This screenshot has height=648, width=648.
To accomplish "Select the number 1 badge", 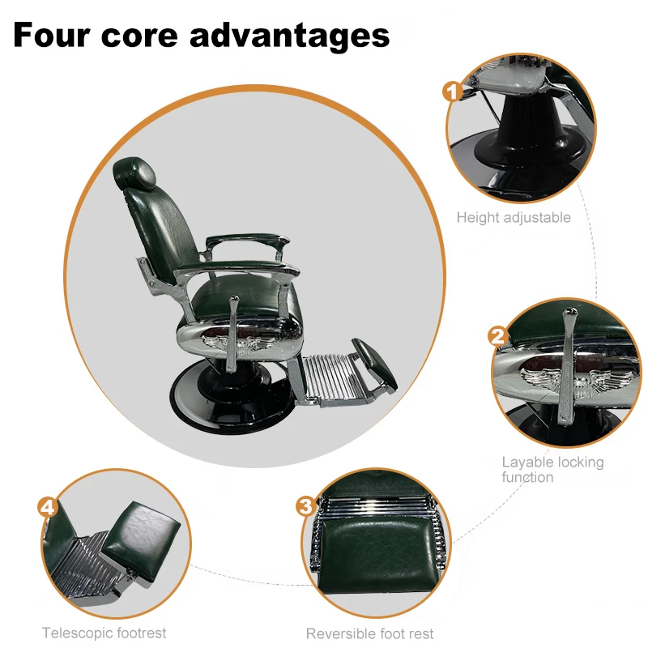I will point(451,91).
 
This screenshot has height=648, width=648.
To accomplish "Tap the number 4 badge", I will point(48,508).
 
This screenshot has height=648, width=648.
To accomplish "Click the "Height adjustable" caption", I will point(514,217).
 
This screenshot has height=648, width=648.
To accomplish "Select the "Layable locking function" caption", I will point(552,469).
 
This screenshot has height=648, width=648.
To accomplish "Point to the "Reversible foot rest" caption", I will point(370,633).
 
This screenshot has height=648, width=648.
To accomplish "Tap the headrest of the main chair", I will point(134,171).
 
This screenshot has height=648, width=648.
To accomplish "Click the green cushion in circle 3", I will point(373,559).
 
